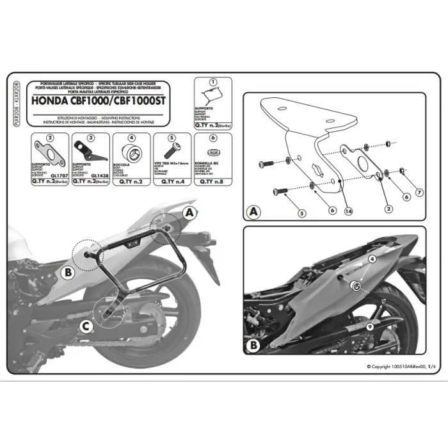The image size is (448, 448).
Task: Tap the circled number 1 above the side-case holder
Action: [x=214, y=83]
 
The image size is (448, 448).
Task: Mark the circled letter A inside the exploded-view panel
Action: [x=253, y=211]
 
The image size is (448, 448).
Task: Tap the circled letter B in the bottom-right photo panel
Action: [x=253, y=344]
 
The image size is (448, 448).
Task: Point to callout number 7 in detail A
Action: [x=419, y=193]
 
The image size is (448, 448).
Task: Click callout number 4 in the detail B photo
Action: [x=372, y=259]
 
